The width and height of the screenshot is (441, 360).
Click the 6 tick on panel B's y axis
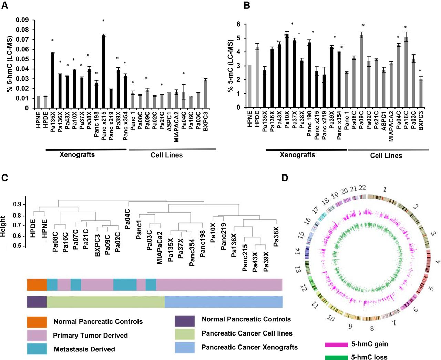tap(238, 24)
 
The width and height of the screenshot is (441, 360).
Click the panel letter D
tap(285, 178)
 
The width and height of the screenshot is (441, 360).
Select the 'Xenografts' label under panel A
tap(77, 154)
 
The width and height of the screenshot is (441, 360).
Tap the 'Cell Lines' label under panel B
tap(386, 156)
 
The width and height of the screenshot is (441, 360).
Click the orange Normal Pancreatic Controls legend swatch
tap(37, 321)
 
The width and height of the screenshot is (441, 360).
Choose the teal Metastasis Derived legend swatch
tap(37, 349)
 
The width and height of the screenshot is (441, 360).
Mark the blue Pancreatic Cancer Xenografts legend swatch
tap(185, 347)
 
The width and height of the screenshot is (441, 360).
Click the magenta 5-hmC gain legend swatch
tap(336, 344)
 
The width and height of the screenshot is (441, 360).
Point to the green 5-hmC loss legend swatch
tap(336, 357)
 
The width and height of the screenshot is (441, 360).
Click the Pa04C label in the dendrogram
tap(127, 219)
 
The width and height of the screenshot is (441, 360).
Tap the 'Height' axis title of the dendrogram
tap(3, 226)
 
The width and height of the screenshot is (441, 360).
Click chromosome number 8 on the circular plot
tap(372, 328)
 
